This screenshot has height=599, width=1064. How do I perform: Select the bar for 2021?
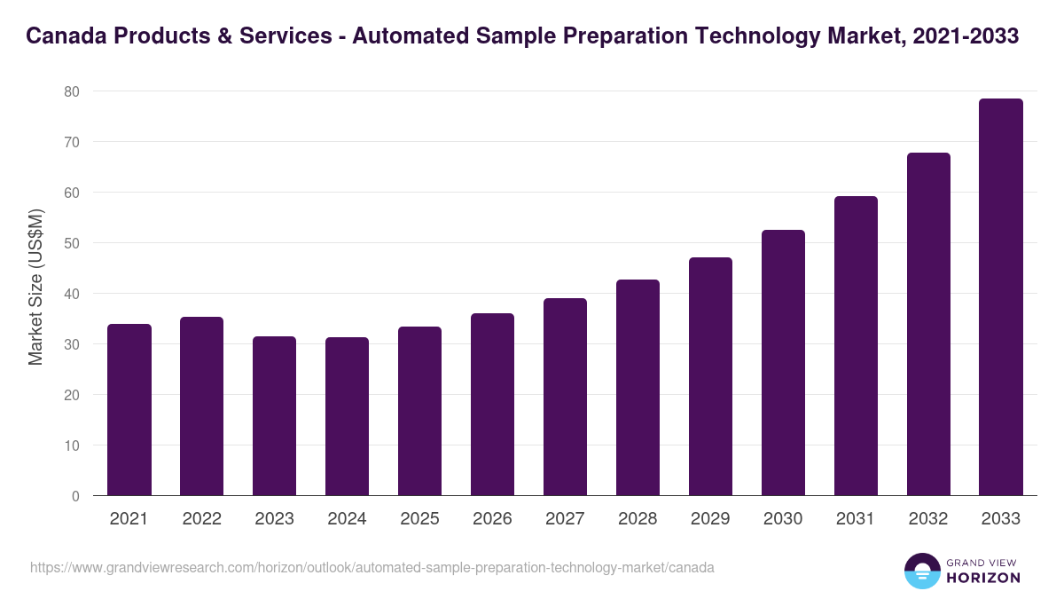click(x=129, y=410)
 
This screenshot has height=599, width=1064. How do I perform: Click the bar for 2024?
click(x=347, y=416)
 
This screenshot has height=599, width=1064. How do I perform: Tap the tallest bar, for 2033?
click(x=1001, y=297)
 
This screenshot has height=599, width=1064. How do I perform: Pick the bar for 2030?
click(x=783, y=363)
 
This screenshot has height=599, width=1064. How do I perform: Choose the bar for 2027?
click(x=565, y=397)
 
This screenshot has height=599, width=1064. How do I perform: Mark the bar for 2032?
click(x=928, y=324)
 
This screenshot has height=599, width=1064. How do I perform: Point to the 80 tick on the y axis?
click(x=72, y=91)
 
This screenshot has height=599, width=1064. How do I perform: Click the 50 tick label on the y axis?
click(x=72, y=243)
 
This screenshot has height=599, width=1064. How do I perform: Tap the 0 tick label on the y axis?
click(x=75, y=496)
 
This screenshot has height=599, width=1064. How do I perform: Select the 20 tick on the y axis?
click(x=72, y=395)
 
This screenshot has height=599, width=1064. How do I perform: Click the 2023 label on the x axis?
click(x=274, y=519)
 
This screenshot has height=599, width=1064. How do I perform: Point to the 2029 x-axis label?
click(x=710, y=519)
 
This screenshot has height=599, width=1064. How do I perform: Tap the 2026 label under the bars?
click(x=492, y=519)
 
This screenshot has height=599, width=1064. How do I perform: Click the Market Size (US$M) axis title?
click(x=35, y=286)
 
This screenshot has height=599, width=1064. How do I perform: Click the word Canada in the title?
click(x=64, y=36)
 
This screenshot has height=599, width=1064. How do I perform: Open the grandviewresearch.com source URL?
click(x=372, y=567)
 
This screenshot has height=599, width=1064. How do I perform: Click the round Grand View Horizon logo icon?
click(x=922, y=571)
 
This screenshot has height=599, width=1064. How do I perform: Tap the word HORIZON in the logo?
click(x=983, y=578)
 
